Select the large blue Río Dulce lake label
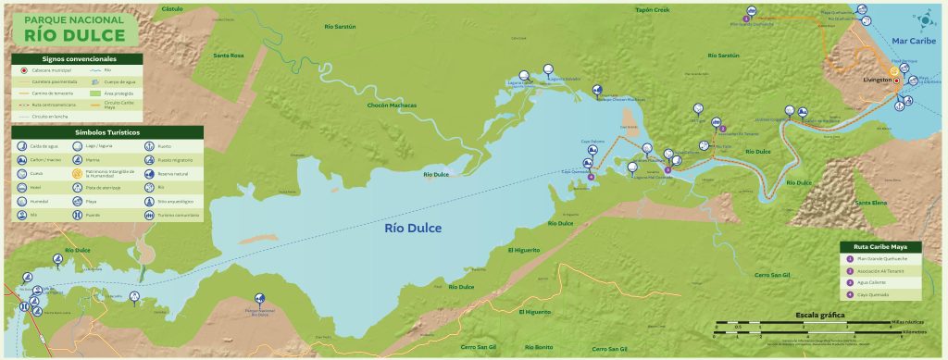click(413, 229)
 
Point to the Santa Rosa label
click(229, 56)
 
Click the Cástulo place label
click(172, 7)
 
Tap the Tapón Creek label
click(652, 10)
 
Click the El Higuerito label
click(524, 250)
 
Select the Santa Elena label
click(871, 202)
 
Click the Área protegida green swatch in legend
click(96, 93)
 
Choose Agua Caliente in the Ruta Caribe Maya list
click(873, 283)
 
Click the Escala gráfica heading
click(820, 315)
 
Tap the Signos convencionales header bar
click(77, 57)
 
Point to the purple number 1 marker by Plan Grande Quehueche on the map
click(746, 18)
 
